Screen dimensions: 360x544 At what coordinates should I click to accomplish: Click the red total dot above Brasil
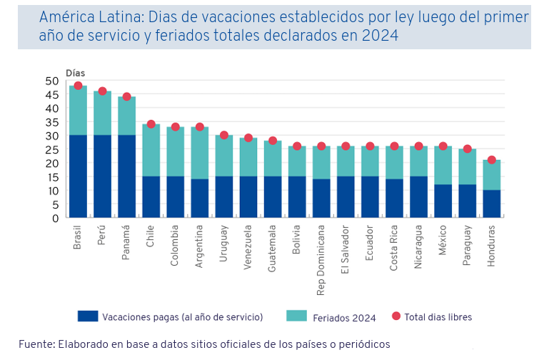click(78, 86)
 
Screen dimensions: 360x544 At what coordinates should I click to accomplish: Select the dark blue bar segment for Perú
click(103, 176)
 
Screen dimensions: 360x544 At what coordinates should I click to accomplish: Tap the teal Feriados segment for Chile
click(151, 150)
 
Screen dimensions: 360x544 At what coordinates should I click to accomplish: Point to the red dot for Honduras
click(492, 160)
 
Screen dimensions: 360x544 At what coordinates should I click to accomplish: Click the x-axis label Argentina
click(200, 247)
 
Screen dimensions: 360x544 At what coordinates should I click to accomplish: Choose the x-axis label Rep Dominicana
click(321, 258)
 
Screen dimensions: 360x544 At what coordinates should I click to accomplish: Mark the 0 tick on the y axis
click(54, 218)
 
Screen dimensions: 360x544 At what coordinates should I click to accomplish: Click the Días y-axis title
click(75, 72)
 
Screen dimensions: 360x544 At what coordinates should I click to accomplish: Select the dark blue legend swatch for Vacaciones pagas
click(87, 316)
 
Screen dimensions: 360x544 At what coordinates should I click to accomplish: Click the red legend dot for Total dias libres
click(396, 316)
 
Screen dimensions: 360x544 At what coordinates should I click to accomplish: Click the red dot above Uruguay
click(224, 135)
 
